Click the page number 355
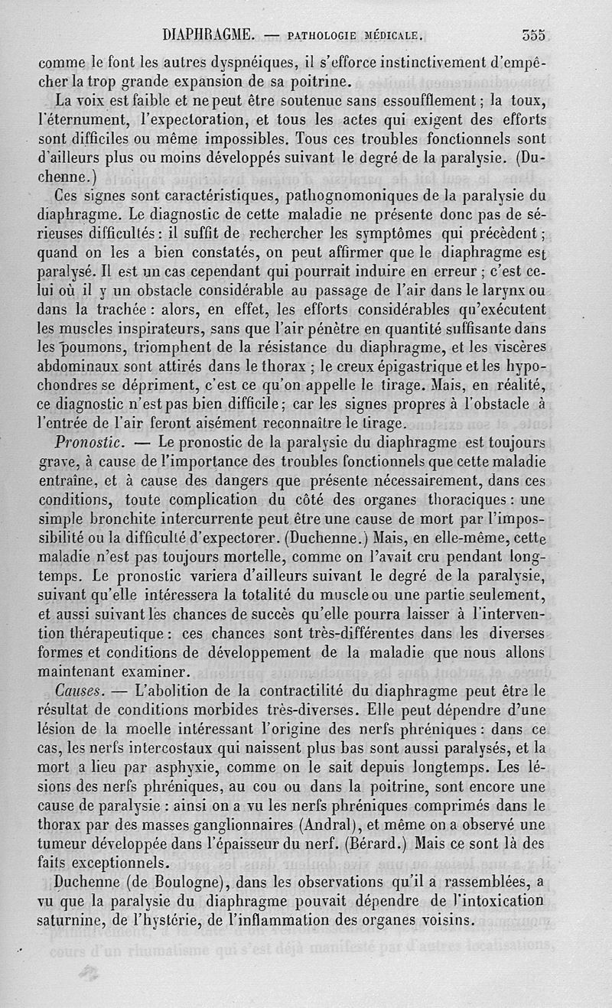[533, 34]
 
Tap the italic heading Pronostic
[90, 442]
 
